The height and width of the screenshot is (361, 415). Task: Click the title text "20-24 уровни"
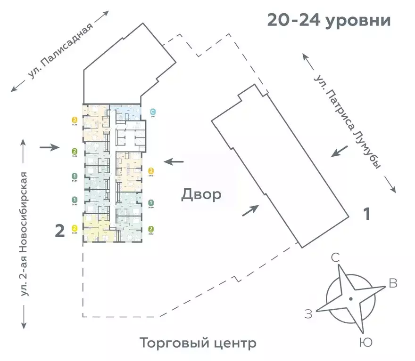point(329,21)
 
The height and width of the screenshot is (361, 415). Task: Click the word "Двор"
point(201,194)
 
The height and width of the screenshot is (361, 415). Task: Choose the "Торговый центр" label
point(198,343)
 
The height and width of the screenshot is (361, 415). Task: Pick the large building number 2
point(60,231)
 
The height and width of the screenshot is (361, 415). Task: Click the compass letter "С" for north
point(335,257)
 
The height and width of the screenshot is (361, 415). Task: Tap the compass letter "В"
point(392,283)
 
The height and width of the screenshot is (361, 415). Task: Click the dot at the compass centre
point(350,299)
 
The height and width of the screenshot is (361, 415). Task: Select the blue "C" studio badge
point(152,112)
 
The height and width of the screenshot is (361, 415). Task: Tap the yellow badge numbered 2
point(75,228)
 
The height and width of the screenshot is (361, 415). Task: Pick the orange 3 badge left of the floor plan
point(75,120)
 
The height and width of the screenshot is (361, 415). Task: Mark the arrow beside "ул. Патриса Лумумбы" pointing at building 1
point(340,152)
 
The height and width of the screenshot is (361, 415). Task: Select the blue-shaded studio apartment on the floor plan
point(125,111)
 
